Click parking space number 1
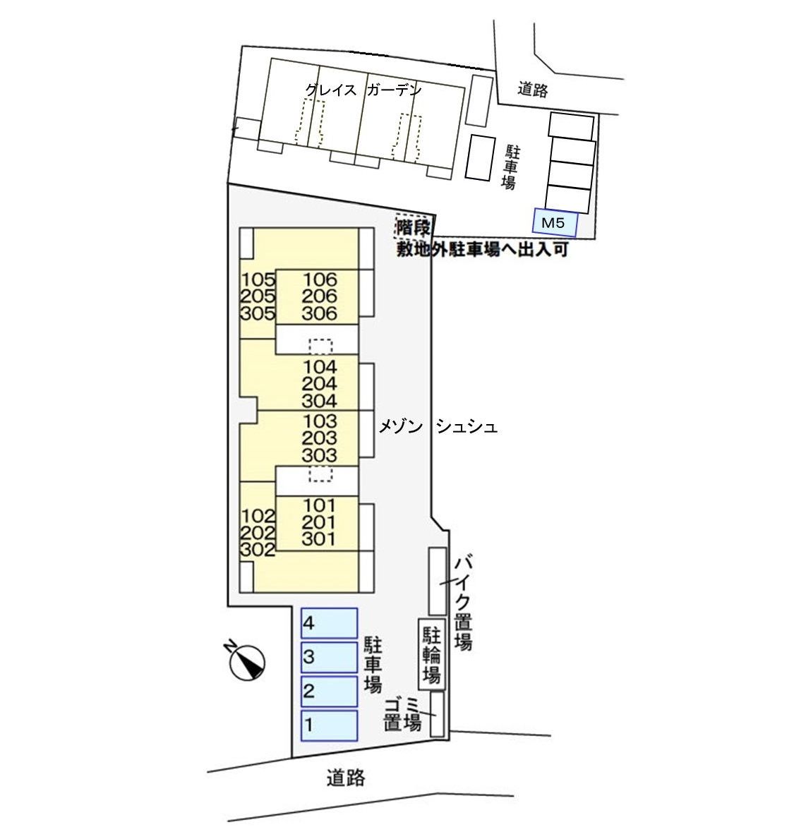(x=329, y=725)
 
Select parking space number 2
(x=329, y=691)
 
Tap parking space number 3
(x=329, y=658)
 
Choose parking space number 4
(x=329, y=623)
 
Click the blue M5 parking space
(x=555, y=222)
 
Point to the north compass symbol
(x=246, y=661)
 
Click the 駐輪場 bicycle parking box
(x=432, y=654)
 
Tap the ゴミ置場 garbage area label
(x=402, y=714)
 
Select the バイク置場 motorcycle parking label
(x=464, y=602)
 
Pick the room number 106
(x=320, y=279)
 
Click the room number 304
(x=320, y=401)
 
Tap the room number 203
(x=320, y=438)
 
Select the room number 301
(x=319, y=539)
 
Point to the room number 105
(x=258, y=279)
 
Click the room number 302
(x=258, y=549)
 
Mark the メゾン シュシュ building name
(x=438, y=427)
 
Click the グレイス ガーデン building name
(x=363, y=90)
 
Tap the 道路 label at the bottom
(x=346, y=778)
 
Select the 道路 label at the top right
(x=533, y=89)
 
